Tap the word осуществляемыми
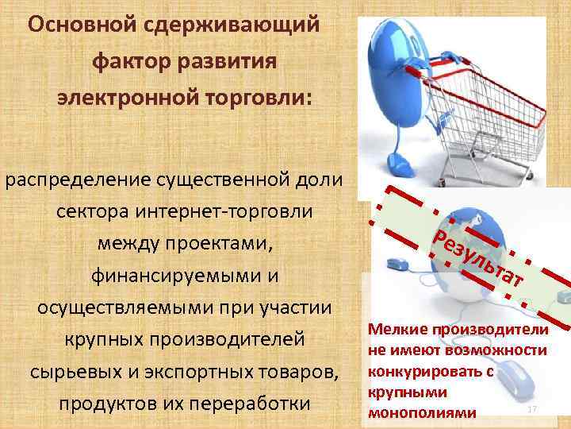pyautogui.click(x=115, y=308)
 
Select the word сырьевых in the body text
pyautogui.click(x=85, y=372)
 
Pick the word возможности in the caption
pyautogui.click(x=501, y=350)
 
